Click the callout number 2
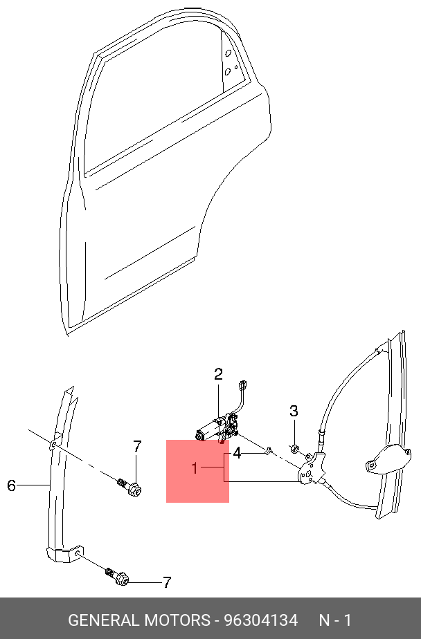[218, 374]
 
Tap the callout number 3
[294, 411]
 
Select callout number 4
[237, 453]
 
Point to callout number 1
[195, 468]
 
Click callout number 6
[11, 485]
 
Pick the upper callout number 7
[137, 447]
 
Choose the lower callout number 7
[166, 582]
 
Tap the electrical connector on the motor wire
[243, 385]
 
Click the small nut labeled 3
[294, 449]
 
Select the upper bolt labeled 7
[129, 487]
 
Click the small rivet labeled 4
[268, 451]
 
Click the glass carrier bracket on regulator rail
[388, 460]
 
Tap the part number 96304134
[262, 620]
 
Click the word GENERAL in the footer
[104, 620]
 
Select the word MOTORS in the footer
[177, 620]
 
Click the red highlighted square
[197, 471]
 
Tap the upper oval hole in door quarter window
[228, 53]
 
